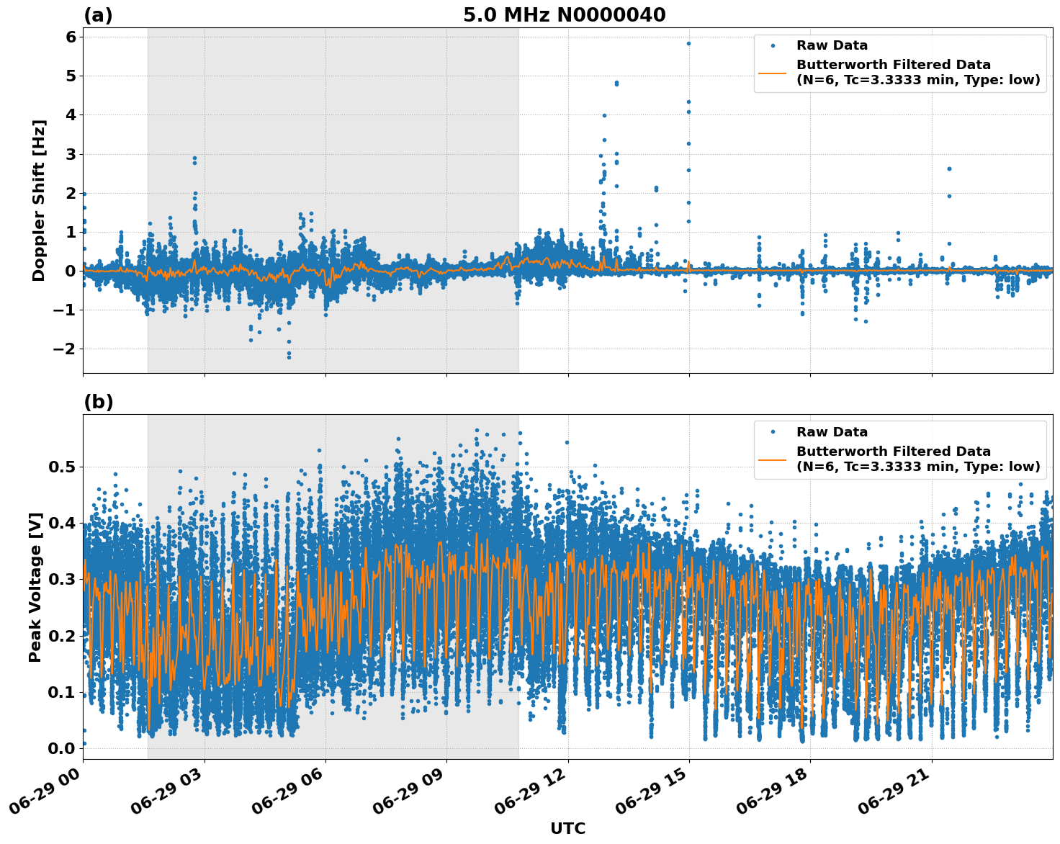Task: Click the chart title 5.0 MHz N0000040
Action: coord(564,15)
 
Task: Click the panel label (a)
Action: coord(98,15)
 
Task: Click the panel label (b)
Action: coord(98,402)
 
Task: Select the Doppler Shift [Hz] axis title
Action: coord(39,200)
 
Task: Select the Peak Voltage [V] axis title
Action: coord(35,587)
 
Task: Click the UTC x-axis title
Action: coord(567,828)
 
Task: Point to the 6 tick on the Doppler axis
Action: coord(71,37)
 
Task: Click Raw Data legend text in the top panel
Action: coord(832,46)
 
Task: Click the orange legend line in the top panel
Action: coord(773,73)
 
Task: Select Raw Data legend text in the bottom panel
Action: coord(832,432)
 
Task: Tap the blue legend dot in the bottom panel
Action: coord(773,432)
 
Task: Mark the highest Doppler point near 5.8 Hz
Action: coord(688,43)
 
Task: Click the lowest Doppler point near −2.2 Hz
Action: coord(289,356)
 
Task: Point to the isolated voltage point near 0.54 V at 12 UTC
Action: coord(567,442)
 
